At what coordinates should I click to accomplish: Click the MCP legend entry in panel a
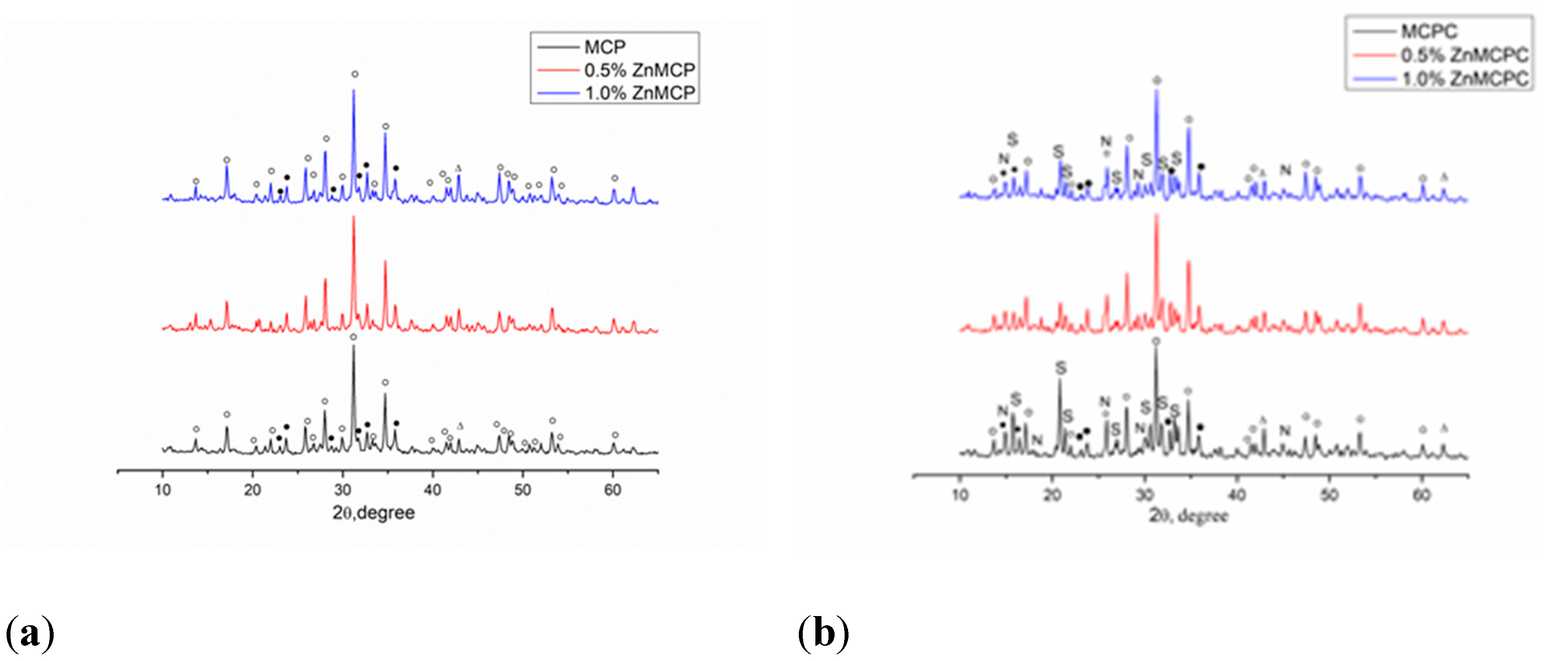(605, 47)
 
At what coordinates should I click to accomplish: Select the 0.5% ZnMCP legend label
(639, 70)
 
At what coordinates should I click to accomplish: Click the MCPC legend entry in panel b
(1428, 31)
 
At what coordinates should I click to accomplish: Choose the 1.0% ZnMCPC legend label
(1464, 79)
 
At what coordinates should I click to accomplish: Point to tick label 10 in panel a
(163, 490)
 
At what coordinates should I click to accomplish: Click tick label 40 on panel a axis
(432, 490)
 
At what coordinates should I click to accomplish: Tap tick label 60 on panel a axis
(613, 490)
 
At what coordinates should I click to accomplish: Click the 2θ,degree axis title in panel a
(373, 513)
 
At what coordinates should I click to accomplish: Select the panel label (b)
(824, 633)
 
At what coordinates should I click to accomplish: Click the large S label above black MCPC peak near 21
(1061, 368)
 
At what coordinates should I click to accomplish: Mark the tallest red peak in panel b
(1156, 216)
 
